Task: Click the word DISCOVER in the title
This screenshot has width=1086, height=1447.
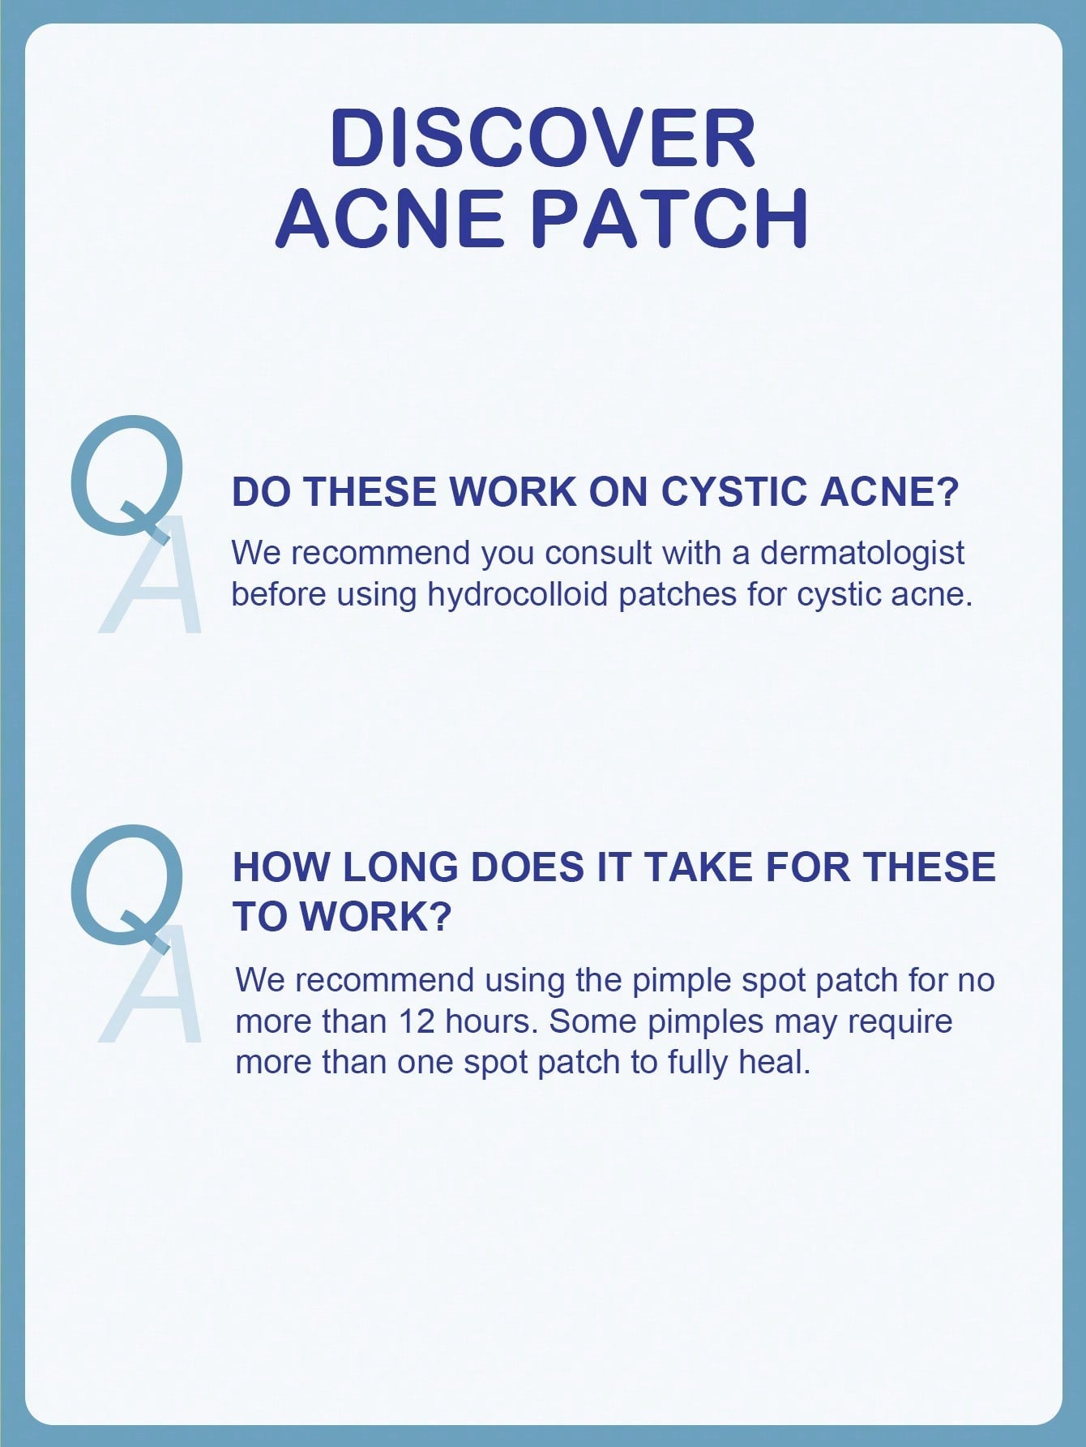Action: tap(543, 139)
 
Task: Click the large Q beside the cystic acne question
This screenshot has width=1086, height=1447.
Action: tap(126, 478)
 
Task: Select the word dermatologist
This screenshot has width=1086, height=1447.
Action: tap(862, 553)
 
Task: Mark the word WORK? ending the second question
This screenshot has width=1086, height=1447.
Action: tap(374, 917)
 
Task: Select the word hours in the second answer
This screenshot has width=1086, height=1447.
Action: tap(492, 1021)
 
